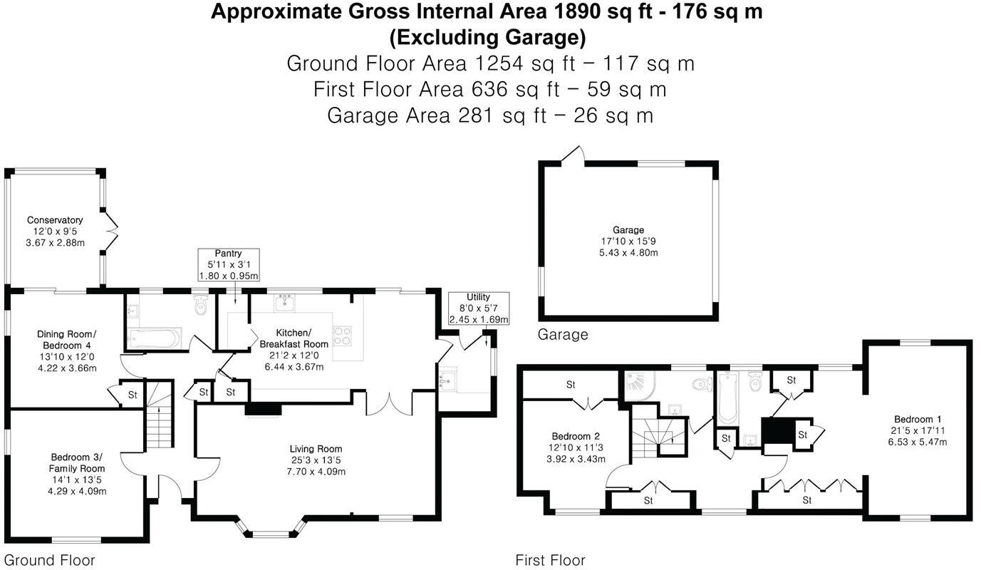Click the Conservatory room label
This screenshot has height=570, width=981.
coord(55,220)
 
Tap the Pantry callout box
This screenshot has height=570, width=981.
coord(228,264)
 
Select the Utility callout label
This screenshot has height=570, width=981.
coord(479,308)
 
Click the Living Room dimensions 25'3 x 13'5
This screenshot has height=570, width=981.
coord(316,460)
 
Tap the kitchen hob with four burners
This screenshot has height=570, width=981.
coord(343,336)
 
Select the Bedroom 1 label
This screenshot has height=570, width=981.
coord(917,419)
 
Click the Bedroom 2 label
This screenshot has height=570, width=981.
coord(575,436)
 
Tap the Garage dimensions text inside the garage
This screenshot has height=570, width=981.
coord(628,247)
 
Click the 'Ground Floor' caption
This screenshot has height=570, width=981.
coord(49,560)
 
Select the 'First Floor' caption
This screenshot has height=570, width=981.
coord(550,561)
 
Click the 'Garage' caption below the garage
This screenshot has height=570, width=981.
coord(563,334)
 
